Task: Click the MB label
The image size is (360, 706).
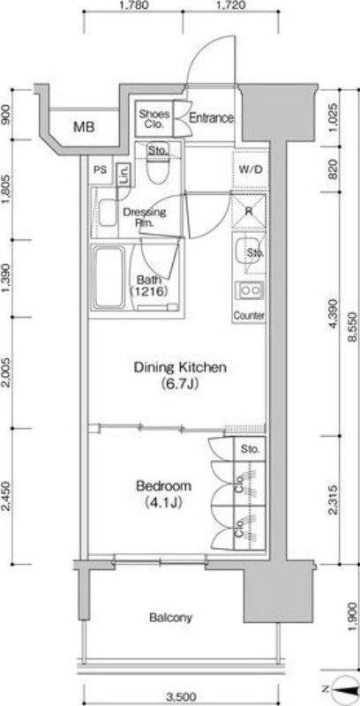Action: (84, 127)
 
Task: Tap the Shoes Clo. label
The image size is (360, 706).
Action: (154, 118)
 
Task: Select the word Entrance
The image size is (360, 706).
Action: (211, 118)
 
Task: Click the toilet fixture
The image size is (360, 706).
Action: (158, 164)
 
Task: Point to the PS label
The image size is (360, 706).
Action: (100, 169)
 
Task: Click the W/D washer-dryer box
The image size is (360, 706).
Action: (250, 169)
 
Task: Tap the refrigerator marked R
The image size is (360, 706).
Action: (249, 211)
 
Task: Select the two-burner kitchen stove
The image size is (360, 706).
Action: (249, 290)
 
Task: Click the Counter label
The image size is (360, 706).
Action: (249, 316)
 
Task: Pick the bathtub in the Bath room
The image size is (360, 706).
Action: (109, 277)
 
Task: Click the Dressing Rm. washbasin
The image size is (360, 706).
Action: (108, 213)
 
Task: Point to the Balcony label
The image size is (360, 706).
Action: (170, 617)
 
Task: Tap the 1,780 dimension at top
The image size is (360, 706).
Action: (132, 5)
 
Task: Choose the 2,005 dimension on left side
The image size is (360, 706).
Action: (6, 372)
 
